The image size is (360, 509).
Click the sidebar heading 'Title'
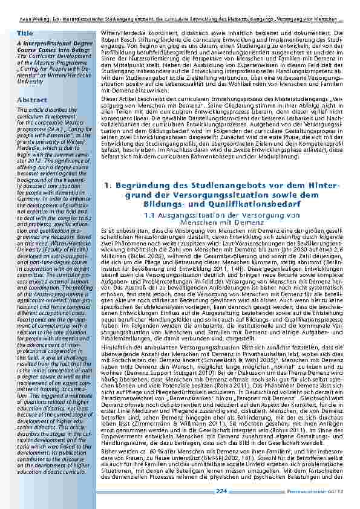click(x=25, y=32)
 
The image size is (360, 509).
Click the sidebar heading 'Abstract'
click(x=32, y=99)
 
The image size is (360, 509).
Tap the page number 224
click(x=221, y=491)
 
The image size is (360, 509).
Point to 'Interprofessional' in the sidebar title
click(x=44, y=44)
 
